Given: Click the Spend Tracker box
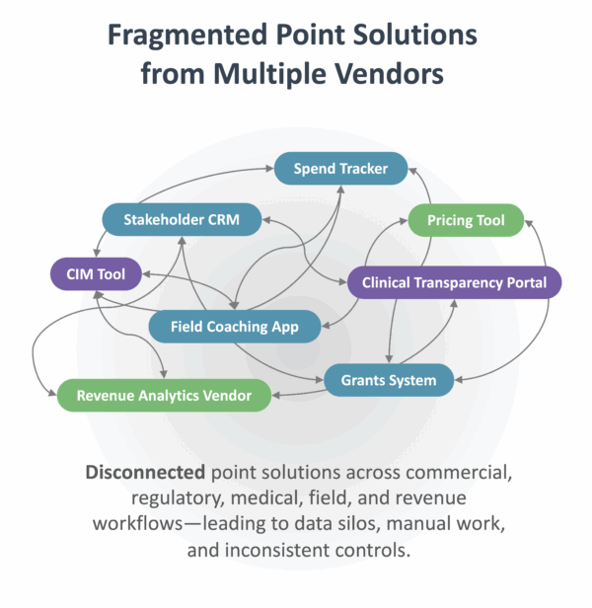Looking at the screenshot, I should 340,169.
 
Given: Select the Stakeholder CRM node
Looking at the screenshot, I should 183,219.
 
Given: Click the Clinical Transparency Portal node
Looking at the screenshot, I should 454,282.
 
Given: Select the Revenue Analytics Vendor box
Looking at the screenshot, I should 163,396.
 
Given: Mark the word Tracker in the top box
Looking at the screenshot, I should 363,169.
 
